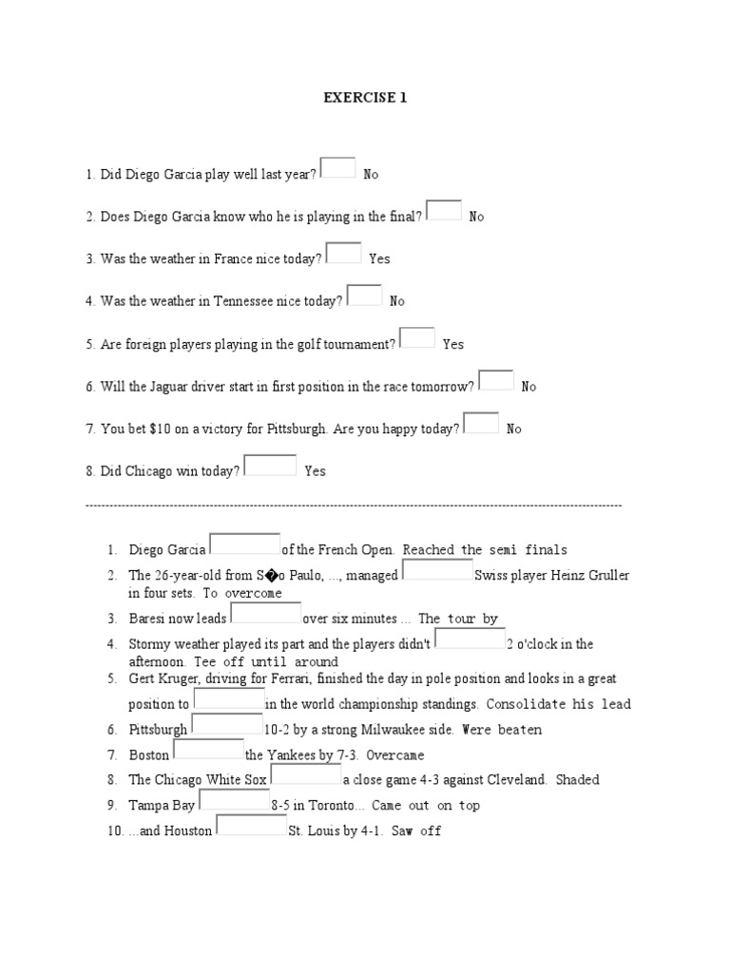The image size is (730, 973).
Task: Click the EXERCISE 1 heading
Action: pyautogui.click(x=365, y=98)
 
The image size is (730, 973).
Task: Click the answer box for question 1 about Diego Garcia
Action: pyautogui.click(x=338, y=167)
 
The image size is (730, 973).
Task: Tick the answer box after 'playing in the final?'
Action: pyautogui.click(x=444, y=210)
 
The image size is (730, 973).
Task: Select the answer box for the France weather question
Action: pyautogui.click(x=343, y=252)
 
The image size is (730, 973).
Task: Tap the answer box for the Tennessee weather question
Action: pyautogui.click(x=364, y=295)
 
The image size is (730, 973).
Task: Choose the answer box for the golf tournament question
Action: pyautogui.click(x=417, y=337)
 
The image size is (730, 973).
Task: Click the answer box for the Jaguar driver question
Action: pyautogui.click(x=496, y=380)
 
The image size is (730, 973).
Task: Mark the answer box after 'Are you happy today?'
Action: pyautogui.click(x=480, y=422)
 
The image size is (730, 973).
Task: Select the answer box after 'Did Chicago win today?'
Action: pyautogui.click(x=271, y=465)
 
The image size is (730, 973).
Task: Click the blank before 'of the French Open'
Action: pyautogui.click(x=244, y=544)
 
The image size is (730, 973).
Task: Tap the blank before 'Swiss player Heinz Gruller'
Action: pyautogui.click(x=438, y=569)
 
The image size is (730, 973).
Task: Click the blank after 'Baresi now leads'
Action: pyautogui.click(x=265, y=613)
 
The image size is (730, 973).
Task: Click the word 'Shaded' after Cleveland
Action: pyautogui.click(x=578, y=780)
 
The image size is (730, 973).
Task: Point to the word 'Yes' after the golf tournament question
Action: pyautogui.click(x=453, y=344)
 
